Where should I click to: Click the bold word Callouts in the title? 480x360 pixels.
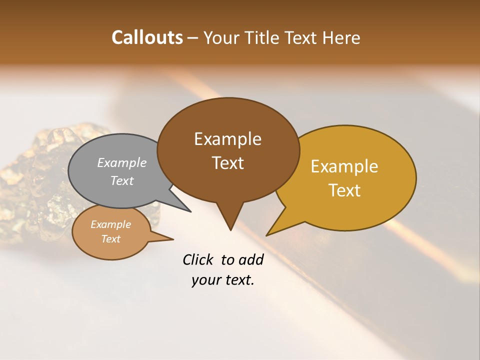coord(147,37)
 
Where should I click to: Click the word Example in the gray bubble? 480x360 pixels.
coord(121,163)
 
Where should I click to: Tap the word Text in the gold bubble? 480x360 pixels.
coord(344,190)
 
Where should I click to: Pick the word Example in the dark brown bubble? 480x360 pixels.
coord(227,139)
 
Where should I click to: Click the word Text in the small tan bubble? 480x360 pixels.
coord(110,239)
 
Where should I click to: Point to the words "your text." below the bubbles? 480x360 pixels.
coord(223,280)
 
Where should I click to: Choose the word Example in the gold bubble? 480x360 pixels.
coord(344,166)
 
